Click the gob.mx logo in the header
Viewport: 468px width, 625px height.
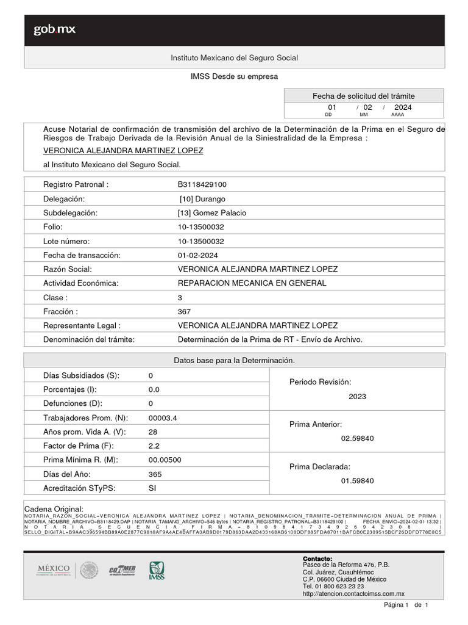point(54,30)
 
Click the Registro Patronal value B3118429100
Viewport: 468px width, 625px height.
point(202,184)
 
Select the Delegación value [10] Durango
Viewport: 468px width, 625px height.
point(202,199)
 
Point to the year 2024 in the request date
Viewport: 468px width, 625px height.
point(403,107)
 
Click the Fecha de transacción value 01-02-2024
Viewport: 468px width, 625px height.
point(197,255)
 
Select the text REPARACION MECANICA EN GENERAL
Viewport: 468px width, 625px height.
point(252,283)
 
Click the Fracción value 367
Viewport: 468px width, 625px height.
point(184,311)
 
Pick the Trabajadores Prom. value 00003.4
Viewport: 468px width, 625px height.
point(163,417)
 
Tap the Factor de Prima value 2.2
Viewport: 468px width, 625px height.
point(154,446)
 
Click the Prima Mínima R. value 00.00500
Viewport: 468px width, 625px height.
point(165,460)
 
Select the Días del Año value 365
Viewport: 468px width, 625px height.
point(155,474)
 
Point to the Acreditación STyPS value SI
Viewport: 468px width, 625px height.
point(152,488)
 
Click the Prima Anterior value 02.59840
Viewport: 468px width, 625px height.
point(357,438)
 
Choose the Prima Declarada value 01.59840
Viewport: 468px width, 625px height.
point(357,481)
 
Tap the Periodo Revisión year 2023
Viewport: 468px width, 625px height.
point(357,396)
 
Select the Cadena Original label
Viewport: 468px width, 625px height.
point(54,509)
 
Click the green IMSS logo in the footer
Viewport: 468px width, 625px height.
point(157,571)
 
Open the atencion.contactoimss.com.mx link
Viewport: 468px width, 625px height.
point(353,594)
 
